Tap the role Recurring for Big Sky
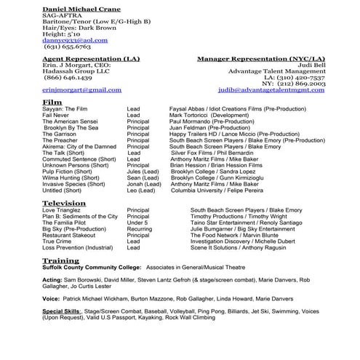(139, 229)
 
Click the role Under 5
(137, 223)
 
